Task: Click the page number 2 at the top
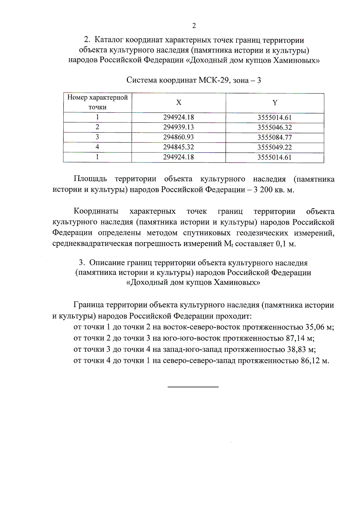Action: click(194, 26)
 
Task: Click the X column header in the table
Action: click(178, 103)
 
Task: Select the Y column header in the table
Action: click(275, 103)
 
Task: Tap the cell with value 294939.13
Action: click(178, 127)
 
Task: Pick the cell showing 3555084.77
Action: click(274, 137)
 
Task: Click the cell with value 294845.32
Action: click(178, 147)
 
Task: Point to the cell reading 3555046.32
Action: click(274, 128)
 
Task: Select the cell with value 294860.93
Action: click(178, 137)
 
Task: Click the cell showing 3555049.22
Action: click(274, 147)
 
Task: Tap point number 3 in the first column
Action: click(97, 137)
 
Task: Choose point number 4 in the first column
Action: click(97, 147)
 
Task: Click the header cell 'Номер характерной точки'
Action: click(97, 102)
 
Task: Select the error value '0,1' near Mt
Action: click(281, 244)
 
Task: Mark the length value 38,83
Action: click(296, 349)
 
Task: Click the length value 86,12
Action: click(310, 360)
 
